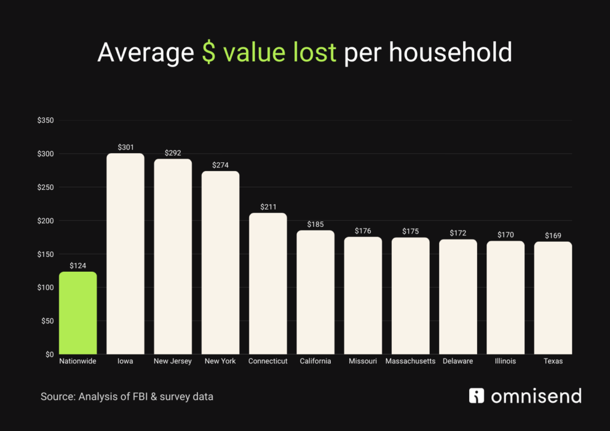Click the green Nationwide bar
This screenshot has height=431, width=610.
tap(78, 313)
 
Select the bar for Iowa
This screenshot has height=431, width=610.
tap(125, 254)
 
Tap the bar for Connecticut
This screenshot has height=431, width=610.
tap(268, 284)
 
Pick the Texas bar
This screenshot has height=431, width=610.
tap(552, 298)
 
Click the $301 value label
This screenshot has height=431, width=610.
tap(125, 147)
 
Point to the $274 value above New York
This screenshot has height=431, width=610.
tap(221, 165)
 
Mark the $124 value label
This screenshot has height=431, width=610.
tap(78, 265)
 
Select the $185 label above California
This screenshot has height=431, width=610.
tap(315, 224)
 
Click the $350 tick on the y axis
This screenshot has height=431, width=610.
tap(46, 120)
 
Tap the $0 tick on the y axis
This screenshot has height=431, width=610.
tap(49, 354)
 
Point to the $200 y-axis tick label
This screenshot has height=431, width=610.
tap(46, 221)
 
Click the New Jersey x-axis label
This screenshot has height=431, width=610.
tap(173, 362)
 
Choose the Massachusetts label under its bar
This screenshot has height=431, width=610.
tap(410, 362)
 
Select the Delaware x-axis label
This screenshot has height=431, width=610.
tap(458, 362)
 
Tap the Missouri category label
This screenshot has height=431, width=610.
tap(363, 362)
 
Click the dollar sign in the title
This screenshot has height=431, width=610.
tap(209, 53)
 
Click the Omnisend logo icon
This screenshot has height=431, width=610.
tap(476, 396)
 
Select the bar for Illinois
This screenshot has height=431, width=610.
tap(505, 298)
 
